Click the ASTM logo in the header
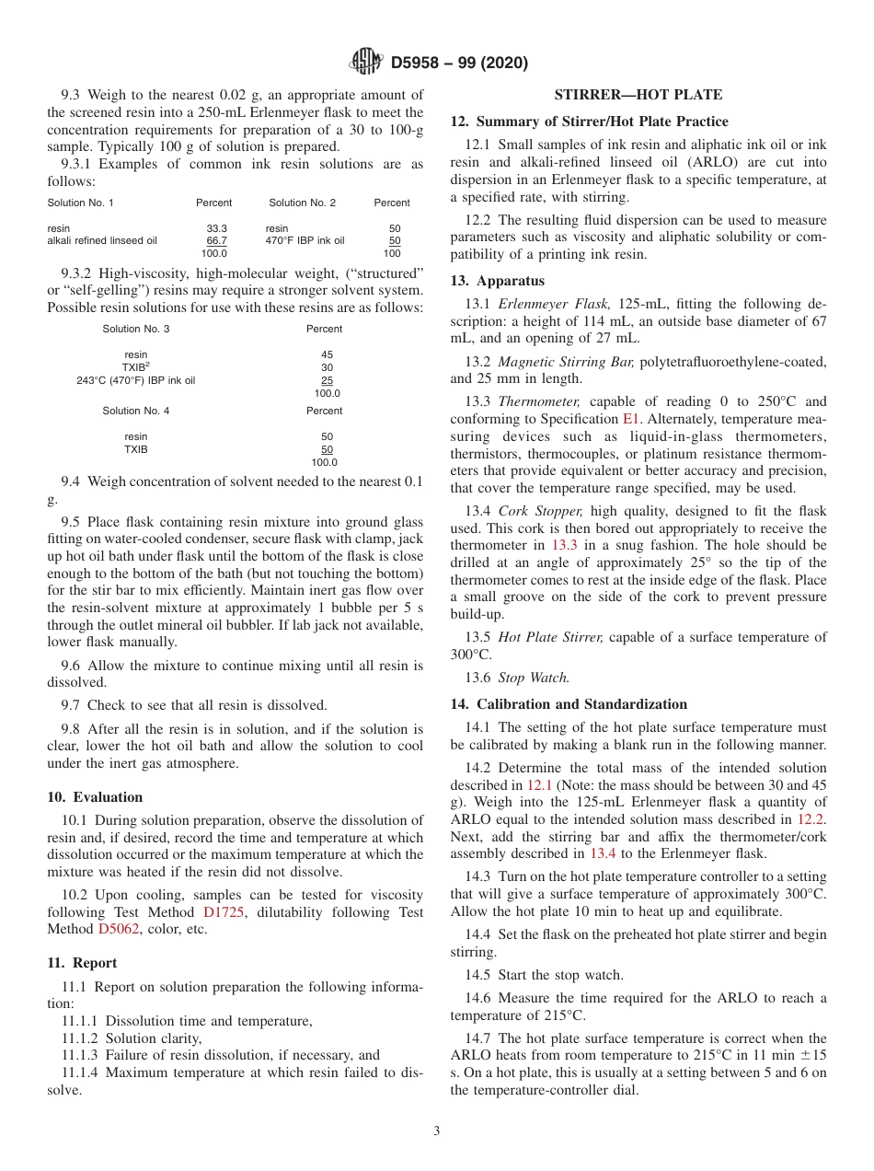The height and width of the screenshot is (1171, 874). pyautogui.click(x=366, y=63)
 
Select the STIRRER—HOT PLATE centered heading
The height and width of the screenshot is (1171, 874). pyautogui.click(x=638, y=95)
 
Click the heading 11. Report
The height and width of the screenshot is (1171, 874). pyautogui.click(x=82, y=963)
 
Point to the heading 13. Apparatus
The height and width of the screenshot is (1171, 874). pyautogui.click(x=497, y=281)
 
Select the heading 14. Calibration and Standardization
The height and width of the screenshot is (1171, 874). pyautogui.click(x=568, y=704)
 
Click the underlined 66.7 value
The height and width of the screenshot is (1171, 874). pyautogui.click(x=217, y=240)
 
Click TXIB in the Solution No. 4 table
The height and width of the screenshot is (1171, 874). pyautogui.click(x=135, y=449)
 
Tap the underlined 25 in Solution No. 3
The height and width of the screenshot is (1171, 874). pyautogui.click(x=327, y=380)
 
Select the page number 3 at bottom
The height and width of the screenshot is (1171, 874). pyautogui.click(x=437, y=1131)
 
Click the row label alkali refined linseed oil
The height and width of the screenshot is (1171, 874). pyautogui.click(x=102, y=240)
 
